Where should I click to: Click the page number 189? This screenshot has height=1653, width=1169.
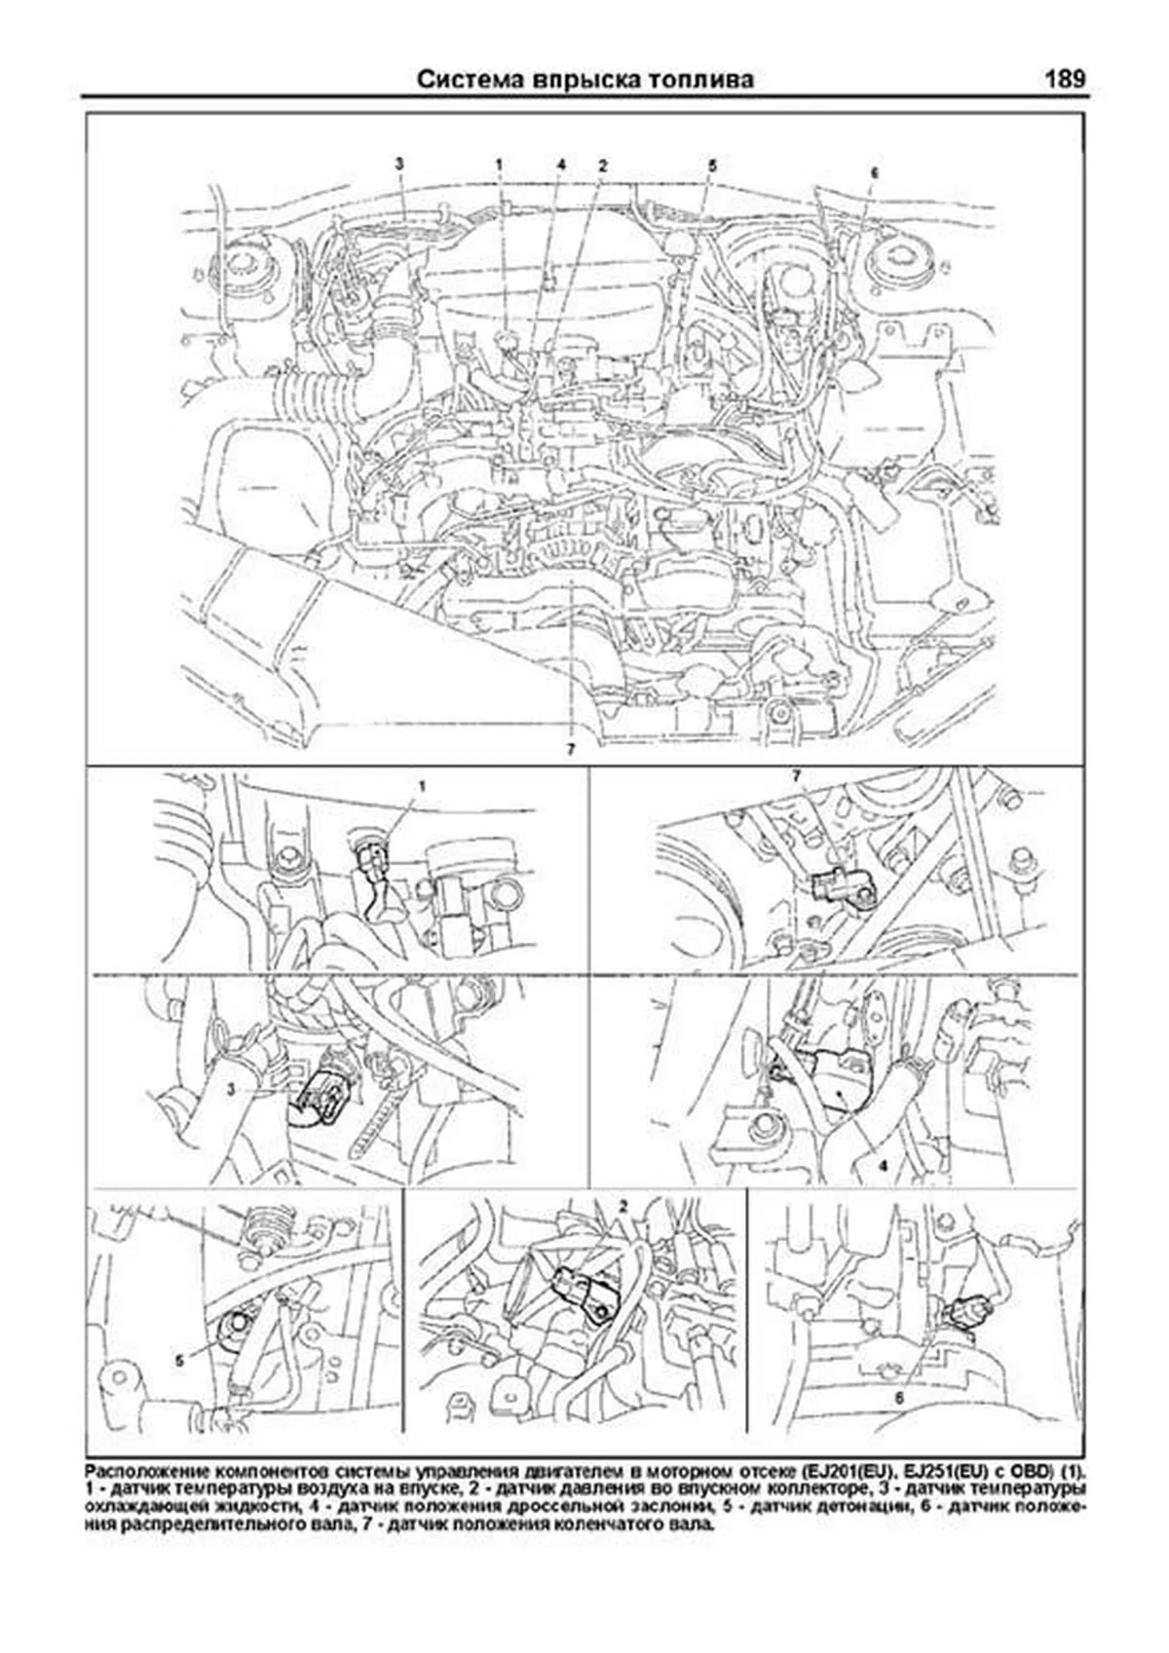pyautogui.click(x=1064, y=79)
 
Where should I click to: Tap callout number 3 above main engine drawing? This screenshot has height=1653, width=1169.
pyautogui.click(x=398, y=164)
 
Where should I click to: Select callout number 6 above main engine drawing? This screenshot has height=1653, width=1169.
pyautogui.click(x=874, y=171)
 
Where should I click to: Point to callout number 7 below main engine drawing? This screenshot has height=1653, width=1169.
pyautogui.click(x=568, y=748)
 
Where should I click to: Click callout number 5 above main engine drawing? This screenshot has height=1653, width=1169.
pyautogui.click(x=712, y=166)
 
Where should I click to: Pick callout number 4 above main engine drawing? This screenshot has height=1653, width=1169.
pyautogui.click(x=561, y=164)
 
